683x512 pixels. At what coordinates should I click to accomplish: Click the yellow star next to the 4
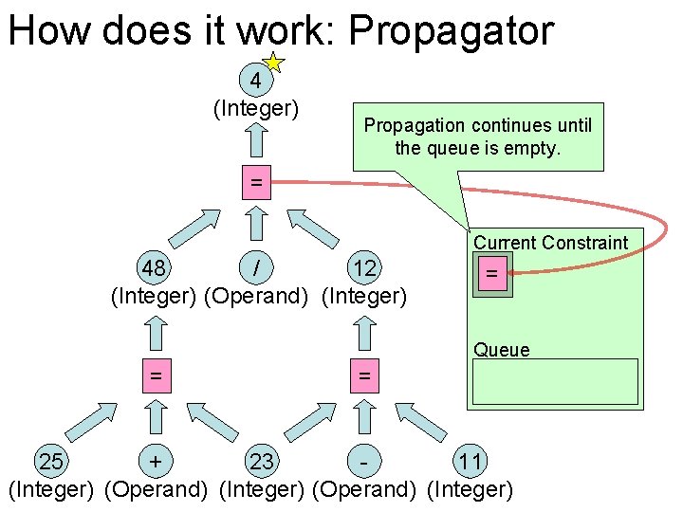(x=272, y=64)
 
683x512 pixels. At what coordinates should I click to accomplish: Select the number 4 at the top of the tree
(x=255, y=80)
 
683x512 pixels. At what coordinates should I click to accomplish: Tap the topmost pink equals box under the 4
(x=256, y=182)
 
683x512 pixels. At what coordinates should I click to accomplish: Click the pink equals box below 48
(x=155, y=376)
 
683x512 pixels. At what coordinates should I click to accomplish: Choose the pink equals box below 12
(x=363, y=376)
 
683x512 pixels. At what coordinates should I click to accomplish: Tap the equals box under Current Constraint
(x=491, y=274)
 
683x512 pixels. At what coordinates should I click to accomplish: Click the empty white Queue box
(x=555, y=382)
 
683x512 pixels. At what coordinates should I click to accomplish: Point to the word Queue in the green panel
(x=502, y=350)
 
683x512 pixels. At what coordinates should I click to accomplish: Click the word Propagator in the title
(x=451, y=30)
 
